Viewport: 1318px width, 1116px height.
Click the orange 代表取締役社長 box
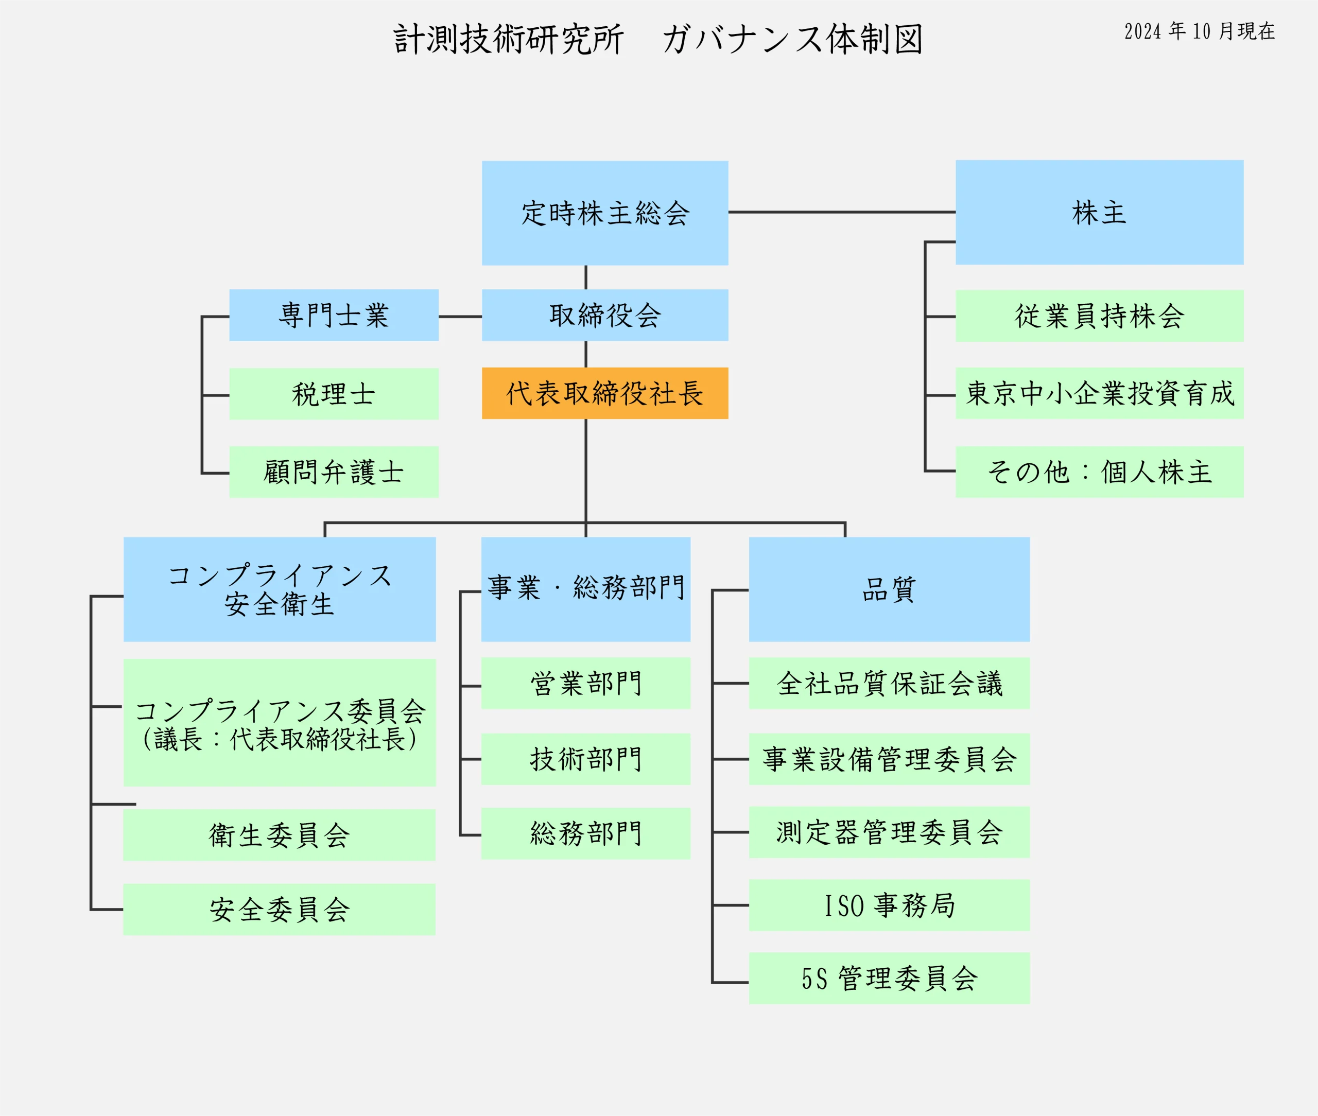tap(605, 393)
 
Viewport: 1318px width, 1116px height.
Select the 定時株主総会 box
tap(605, 213)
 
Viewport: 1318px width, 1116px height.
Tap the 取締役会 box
tap(605, 315)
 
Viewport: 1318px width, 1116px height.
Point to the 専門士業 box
tap(334, 315)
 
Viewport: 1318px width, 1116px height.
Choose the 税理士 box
tap(334, 393)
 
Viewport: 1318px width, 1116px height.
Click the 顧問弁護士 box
tap(334, 472)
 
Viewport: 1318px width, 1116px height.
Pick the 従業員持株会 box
tap(1099, 316)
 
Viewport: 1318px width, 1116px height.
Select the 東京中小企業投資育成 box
tap(1099, 393)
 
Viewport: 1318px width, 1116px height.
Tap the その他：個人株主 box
tap(1099, 472)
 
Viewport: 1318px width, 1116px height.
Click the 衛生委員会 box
tap(279, 834)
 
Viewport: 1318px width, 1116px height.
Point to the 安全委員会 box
tap(279, 909)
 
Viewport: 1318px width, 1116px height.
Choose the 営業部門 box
tap(585, 683)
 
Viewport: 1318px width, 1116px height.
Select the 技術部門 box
tap(585, 759)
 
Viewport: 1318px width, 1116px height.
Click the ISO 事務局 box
tap(889, 905)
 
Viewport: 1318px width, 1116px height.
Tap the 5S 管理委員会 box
tap(889, 978)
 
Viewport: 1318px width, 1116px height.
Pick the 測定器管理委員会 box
tap(889, 832)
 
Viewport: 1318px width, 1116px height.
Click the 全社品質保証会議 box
tap(889, 683)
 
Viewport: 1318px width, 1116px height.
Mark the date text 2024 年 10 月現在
tap(1199, 31)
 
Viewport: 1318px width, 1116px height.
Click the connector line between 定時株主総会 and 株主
tap(842, 212)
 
